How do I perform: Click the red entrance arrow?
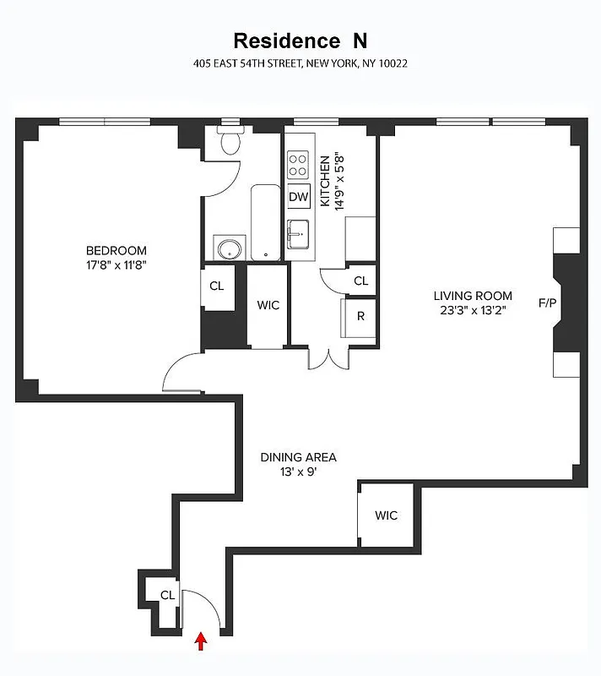click(x=201, y=642)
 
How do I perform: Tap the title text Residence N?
click(x=300, y=41)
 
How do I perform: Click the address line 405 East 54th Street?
click(x=300, y=63)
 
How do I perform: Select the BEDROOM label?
click(x=116, y=251)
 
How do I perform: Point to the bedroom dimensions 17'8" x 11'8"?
click(x=116, y=264)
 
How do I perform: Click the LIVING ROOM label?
click(x=473, y=296)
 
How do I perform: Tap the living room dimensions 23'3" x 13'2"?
click(x=473, y=310)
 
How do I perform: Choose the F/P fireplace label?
click(x=549, y=302)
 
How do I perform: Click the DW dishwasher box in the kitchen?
click(x=299, y=197)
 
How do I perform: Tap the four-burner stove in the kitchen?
click(x=298, y=164)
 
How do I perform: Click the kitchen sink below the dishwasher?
click(x=298, y=233)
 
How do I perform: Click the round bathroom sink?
click(x=228, y=248)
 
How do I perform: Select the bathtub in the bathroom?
click(x=265, y=221)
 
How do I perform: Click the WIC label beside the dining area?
click(x=386, y=515)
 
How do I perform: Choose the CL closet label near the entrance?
click(x=168, y=595)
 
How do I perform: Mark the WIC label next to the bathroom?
click(x=268, y=306)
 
